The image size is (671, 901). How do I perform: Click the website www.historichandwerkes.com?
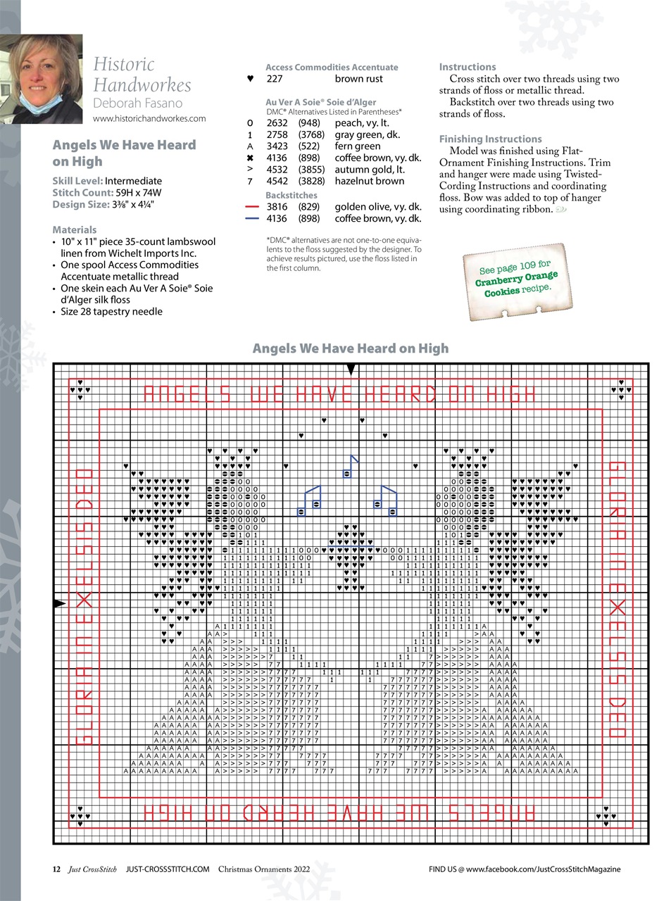pos(149,118)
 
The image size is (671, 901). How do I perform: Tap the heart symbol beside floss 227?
pos(250,79)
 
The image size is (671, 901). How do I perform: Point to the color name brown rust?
pos(358,79)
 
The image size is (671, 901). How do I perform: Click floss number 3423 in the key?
pos(277,146)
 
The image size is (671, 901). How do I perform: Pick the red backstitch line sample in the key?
pos(252,207)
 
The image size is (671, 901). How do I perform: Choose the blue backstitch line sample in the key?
pos(252,219)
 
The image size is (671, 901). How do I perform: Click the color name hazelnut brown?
pos(369,181)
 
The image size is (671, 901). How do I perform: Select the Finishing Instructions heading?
pos(490,139)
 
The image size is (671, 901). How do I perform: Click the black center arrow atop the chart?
pos(351,370)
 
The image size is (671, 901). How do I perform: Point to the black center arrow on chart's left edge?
pos(60,604)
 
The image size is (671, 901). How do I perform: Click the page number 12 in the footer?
pos(56,869)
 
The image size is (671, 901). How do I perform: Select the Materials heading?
pos(74,229)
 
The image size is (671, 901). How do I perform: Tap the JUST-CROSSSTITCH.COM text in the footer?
pos(168,869)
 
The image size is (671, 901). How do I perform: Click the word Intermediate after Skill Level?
pos(133,181)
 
